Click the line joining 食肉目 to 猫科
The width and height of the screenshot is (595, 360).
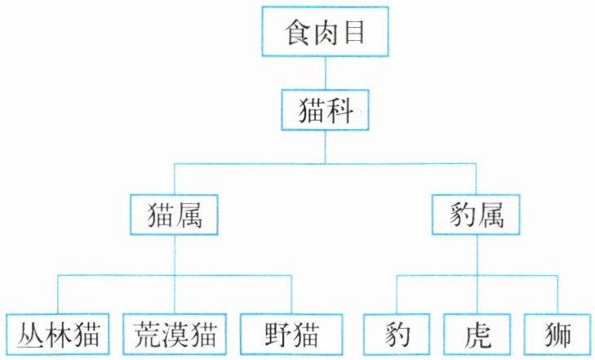pos(325,73)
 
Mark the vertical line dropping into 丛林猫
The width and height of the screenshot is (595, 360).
pos(58,295)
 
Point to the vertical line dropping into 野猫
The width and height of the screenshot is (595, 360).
pos(291,295)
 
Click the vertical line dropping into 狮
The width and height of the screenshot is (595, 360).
pos(557,295)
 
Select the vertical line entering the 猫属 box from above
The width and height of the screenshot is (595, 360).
pos(174,179)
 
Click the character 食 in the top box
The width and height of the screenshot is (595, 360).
pos(298,33)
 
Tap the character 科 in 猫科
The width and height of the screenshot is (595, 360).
pos(339,110)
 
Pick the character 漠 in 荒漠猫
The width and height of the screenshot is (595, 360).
pos(175,335)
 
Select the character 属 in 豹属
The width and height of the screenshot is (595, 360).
pos(491,215)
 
